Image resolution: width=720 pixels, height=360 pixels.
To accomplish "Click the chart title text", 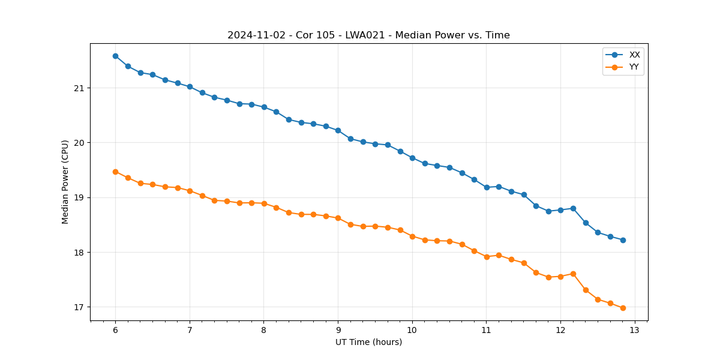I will click(368, 35).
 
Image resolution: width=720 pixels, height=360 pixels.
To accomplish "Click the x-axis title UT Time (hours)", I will click(368, 342).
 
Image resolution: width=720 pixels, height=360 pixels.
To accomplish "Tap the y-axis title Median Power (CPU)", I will click(65, 182).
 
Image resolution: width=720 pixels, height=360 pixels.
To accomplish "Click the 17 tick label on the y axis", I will click(79, 307).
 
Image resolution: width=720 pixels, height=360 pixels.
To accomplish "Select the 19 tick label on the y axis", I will click(79, 197).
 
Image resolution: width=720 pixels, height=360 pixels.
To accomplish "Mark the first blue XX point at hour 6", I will click(115, 56).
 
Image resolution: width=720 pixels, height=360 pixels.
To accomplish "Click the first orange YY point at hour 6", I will click(115, 172).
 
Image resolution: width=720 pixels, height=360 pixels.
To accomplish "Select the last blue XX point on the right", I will click(623, 240).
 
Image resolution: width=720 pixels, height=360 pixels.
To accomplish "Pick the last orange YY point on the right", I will click(623, 308).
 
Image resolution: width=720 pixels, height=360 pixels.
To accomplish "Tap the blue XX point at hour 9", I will click(338, 130).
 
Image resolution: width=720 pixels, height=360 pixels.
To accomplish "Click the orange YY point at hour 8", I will click(264, 203).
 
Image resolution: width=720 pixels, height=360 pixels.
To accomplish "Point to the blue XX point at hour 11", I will click(487, 187).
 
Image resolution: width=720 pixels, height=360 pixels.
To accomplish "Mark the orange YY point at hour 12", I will click(560, 277).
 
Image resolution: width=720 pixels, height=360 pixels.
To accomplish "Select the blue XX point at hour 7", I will click(190, 86).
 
